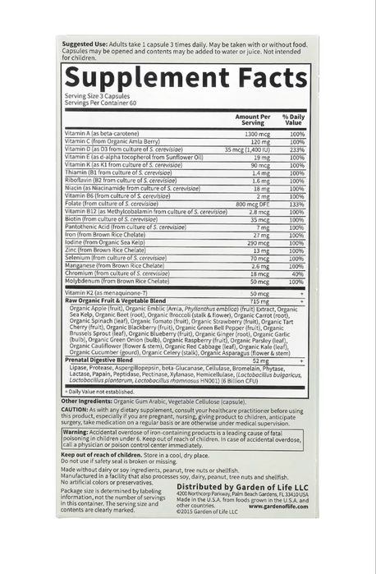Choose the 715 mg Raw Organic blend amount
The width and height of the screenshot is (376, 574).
coord(259,301)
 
